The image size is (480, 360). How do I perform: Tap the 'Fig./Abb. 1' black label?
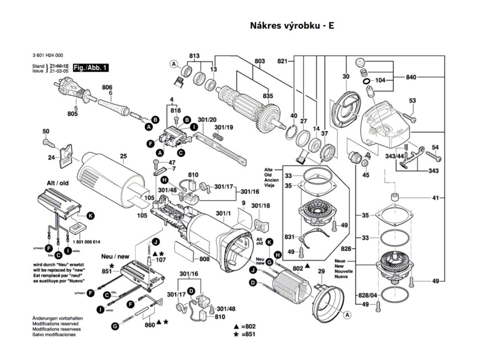(x=91, y=68)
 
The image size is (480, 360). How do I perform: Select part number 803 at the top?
(x=260, y=61)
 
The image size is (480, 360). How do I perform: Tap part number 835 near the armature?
(x=268, y=96)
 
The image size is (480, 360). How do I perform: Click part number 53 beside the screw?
(x=412, y=101)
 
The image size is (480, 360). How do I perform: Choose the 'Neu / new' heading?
(x=115, y=257)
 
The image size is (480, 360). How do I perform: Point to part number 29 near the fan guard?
(x=321, y=271)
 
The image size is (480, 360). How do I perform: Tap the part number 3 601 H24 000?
(x=49, y=55)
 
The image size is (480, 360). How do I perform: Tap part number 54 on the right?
(x=435, y=148)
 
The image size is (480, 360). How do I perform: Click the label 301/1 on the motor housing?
(x=224, y=214)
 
